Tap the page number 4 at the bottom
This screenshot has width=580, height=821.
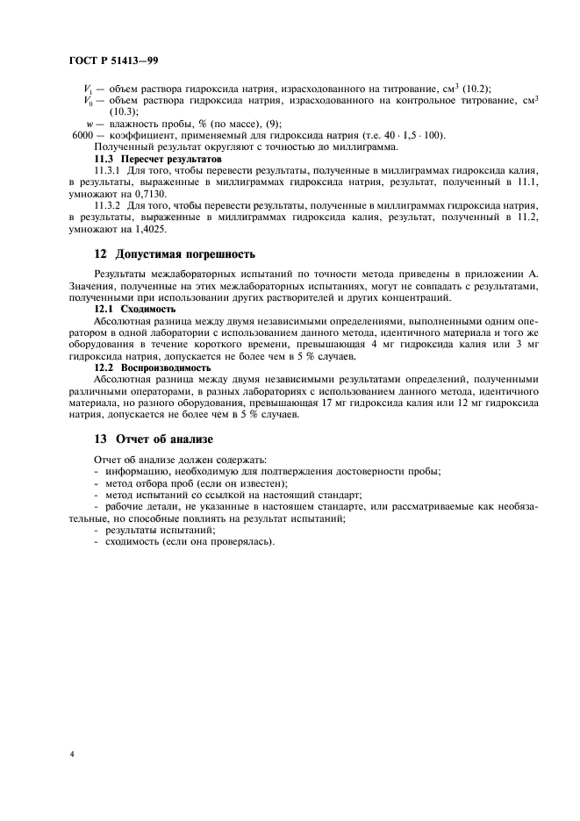click(x=71, y=753)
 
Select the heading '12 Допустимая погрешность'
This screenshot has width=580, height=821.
click(x=175, y=254)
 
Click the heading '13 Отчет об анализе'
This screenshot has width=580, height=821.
click(x=154, y=438)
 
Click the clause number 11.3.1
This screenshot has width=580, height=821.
click(x=108, y=171)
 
